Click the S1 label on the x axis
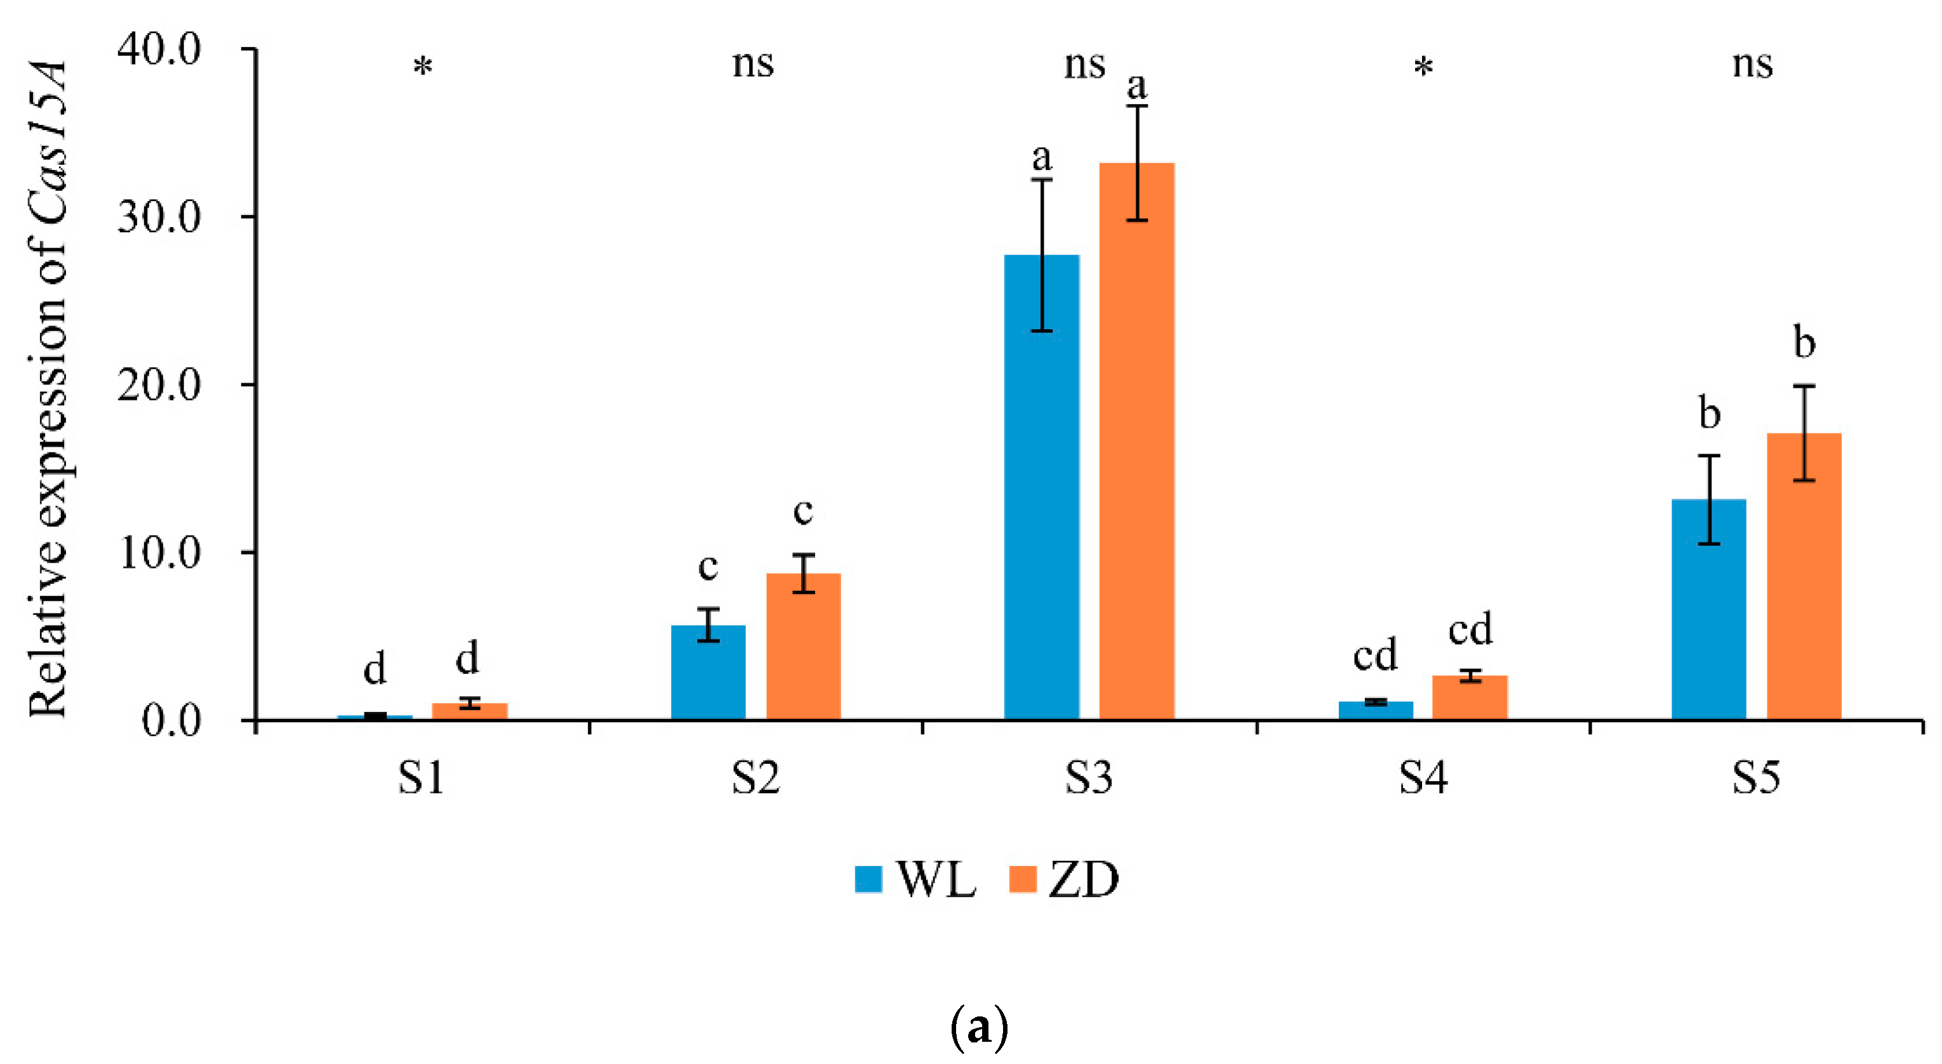[421, 778]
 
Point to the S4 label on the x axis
[1423, 778]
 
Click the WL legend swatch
[868, 879]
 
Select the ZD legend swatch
[1022, 879]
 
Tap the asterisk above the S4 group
[1423, 68]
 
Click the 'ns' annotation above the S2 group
[752, 65]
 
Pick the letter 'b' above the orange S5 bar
[1804, 343]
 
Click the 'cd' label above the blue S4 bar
[1375, 655]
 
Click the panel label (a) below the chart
[978, 1027]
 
